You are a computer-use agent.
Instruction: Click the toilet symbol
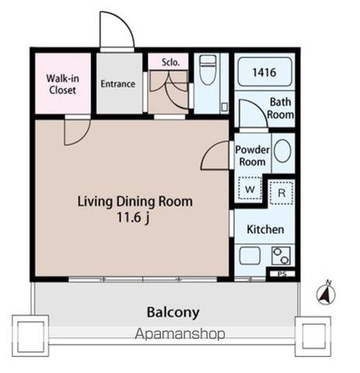pos(208,69)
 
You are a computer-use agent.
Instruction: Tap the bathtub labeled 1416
pos(264,71)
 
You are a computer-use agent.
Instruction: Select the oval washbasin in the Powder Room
pos(282,152)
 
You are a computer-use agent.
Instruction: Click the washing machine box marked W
pos(250,188)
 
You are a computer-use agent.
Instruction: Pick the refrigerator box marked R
pos(281,193)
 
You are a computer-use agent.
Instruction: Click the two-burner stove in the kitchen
pos(281,256)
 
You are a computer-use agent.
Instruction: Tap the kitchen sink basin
pos(250,256)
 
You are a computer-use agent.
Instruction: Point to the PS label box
pos(282,274)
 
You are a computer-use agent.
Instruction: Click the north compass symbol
pos(326,293)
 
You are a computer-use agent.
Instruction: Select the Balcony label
pos(173,312)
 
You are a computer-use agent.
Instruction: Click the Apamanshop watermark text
pos(180,333)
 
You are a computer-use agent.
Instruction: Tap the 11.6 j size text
pos(133,218)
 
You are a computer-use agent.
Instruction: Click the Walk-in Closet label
pos(63,84)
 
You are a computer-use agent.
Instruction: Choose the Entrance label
pos(118,84)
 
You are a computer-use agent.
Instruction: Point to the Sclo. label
pos(170,62)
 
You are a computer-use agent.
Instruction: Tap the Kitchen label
pos(265,229)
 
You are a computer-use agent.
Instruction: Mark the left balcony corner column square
pos(30,336)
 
